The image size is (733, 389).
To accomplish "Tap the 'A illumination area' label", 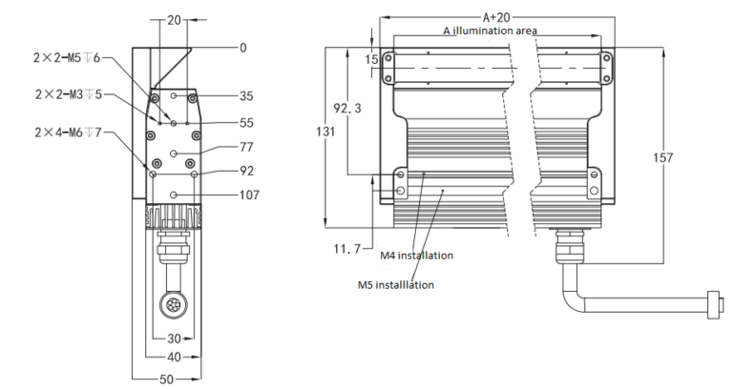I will [490, 31].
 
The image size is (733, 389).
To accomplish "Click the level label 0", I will [242, 47].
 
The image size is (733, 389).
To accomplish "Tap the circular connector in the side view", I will [173, 306].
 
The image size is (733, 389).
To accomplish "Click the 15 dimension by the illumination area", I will [371, 59].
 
